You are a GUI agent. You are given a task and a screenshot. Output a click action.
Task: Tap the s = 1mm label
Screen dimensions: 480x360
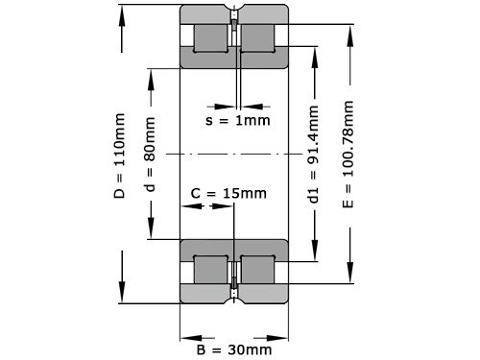238,121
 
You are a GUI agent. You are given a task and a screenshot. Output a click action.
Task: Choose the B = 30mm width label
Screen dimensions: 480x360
234,348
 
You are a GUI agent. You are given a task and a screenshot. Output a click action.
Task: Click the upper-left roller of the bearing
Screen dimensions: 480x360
210,37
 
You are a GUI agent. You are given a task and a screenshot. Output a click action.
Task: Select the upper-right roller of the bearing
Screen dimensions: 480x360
256,37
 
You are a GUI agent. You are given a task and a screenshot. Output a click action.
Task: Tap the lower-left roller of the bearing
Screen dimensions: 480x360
210,269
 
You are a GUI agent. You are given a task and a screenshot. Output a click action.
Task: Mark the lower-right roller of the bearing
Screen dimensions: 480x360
256,269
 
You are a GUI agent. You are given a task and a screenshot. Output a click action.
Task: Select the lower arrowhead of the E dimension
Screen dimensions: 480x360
348,277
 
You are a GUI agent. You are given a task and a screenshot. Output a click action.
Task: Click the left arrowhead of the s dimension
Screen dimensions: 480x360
227,104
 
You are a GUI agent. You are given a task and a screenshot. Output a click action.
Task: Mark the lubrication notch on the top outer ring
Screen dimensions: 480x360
233,12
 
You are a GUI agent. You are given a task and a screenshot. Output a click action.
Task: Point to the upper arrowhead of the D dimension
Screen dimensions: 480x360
123,12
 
